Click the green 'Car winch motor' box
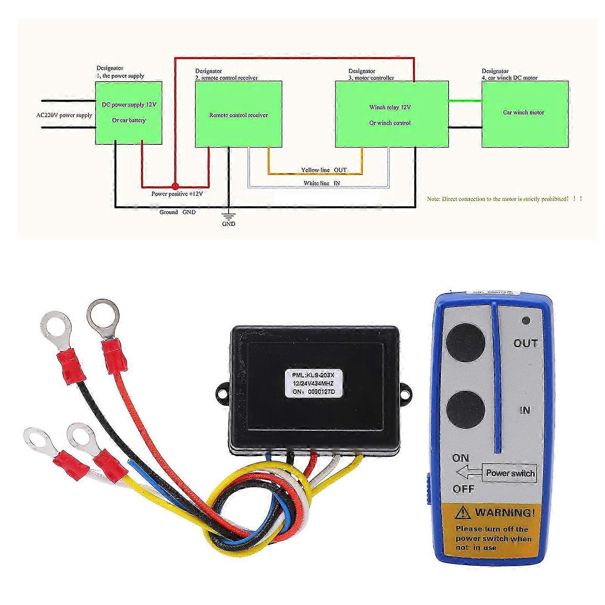coord(525,112)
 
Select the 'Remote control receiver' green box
coord(238,115)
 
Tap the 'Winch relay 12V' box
coord(392,115)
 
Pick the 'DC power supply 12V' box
coord(128,113)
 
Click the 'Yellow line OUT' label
coord(323,170)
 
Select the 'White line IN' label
coord(322,183)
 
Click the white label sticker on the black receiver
coord(313,383)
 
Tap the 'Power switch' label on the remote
coord(510,473)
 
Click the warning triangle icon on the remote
coord(463,513)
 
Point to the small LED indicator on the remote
coord(525,320)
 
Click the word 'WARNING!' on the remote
coord(505,513)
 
